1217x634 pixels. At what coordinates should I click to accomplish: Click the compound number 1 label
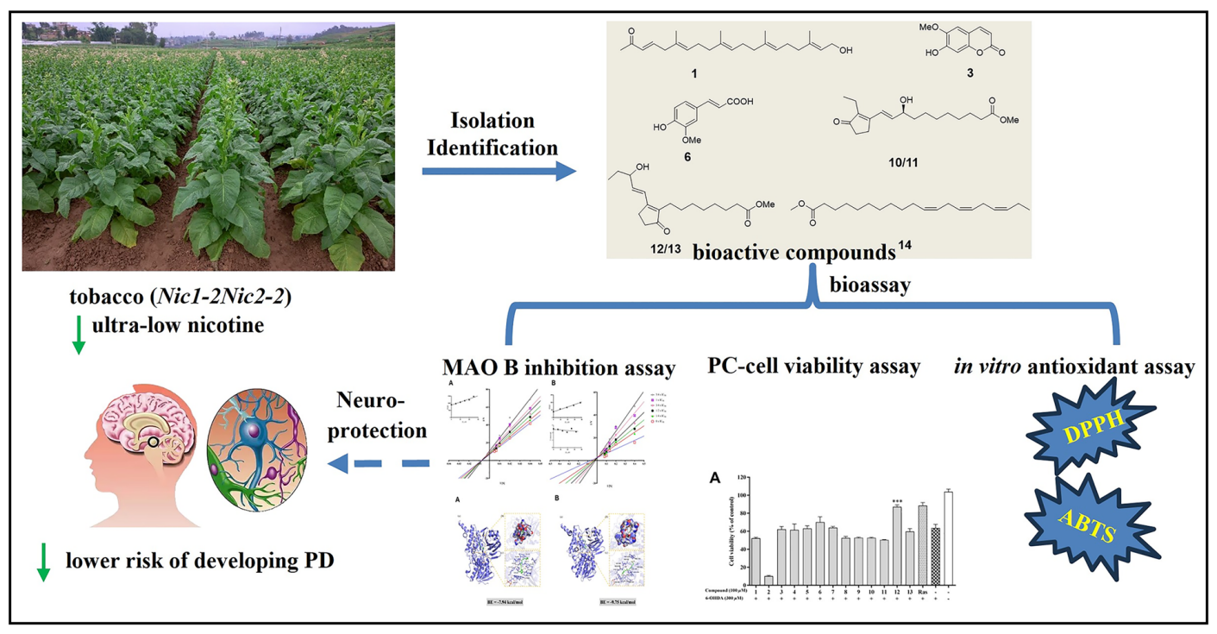[694, 74]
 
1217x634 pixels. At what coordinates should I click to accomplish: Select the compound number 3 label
[970, 73]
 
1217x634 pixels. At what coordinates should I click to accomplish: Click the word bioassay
[869, 285]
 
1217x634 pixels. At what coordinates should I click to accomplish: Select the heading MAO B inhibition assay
[559, 367]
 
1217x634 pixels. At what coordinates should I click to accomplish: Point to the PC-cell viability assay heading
[813, 367]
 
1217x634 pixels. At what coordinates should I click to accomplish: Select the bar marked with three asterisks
[897, 544]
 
